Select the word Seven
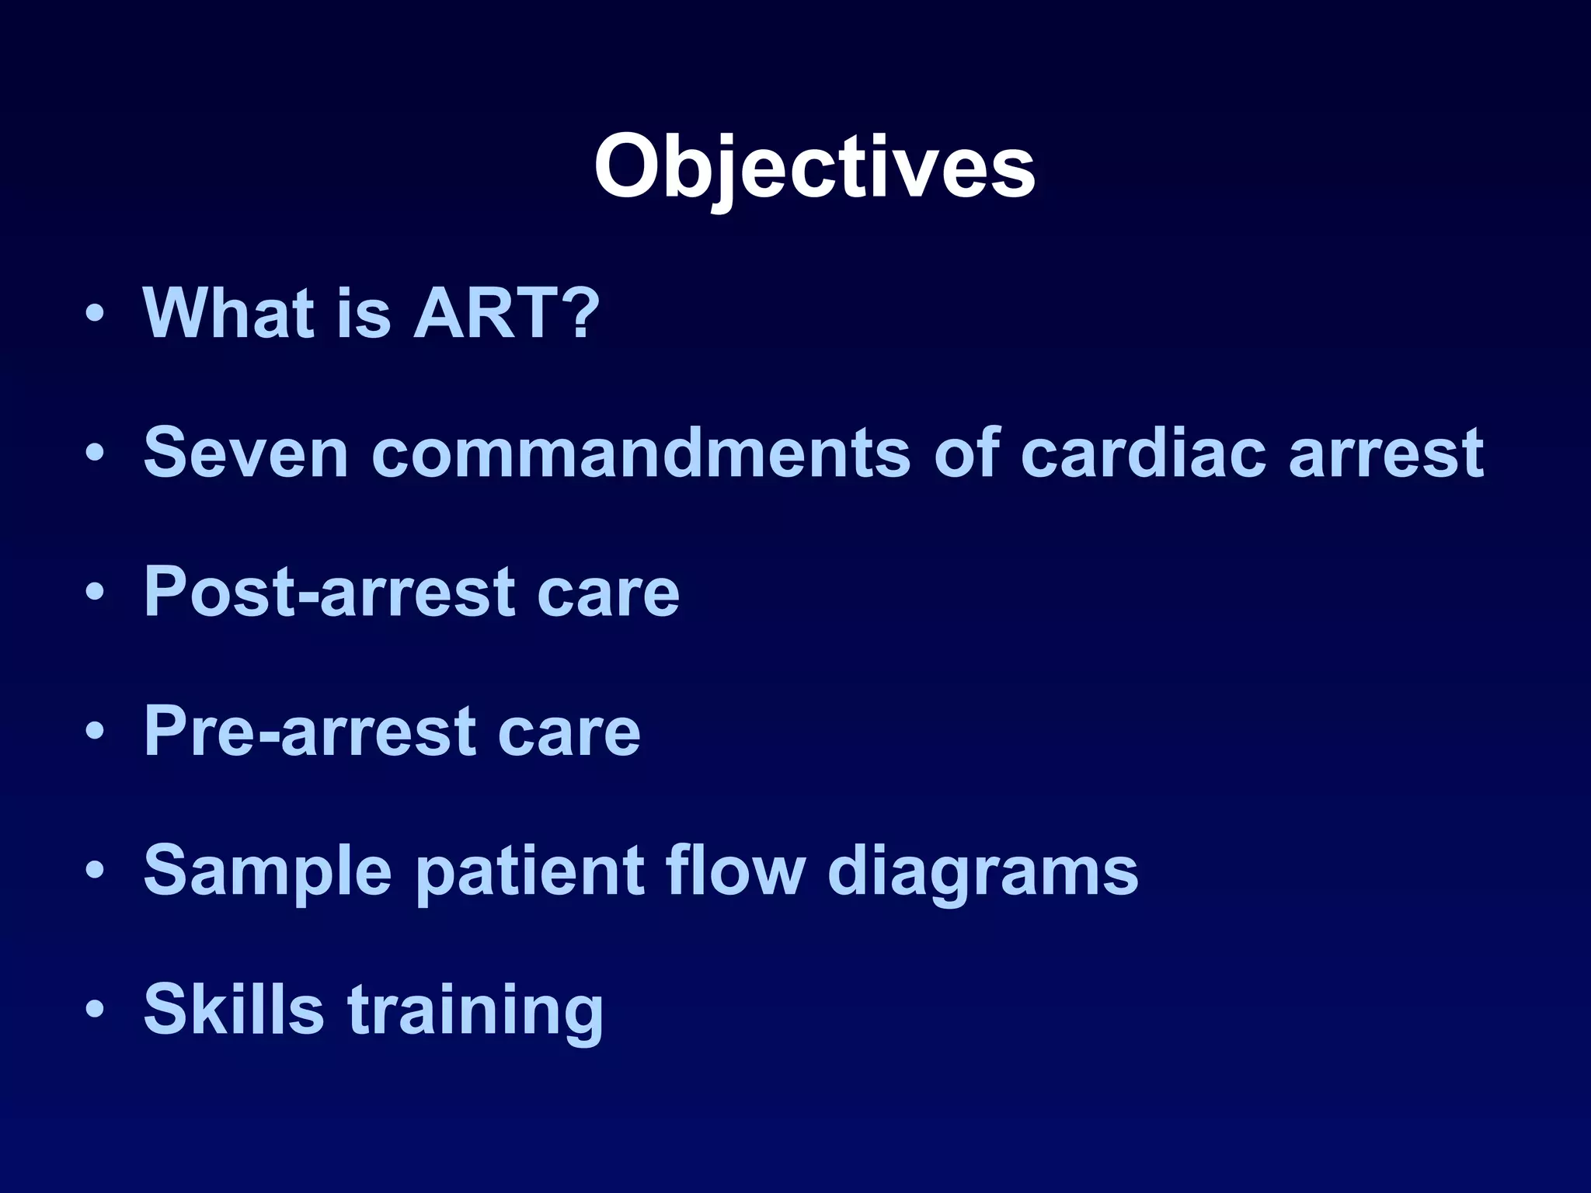[245, 453]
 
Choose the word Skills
[233, 1009]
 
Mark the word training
[475, 1010]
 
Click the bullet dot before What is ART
[95, 315]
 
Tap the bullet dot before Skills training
[95, 1010]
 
